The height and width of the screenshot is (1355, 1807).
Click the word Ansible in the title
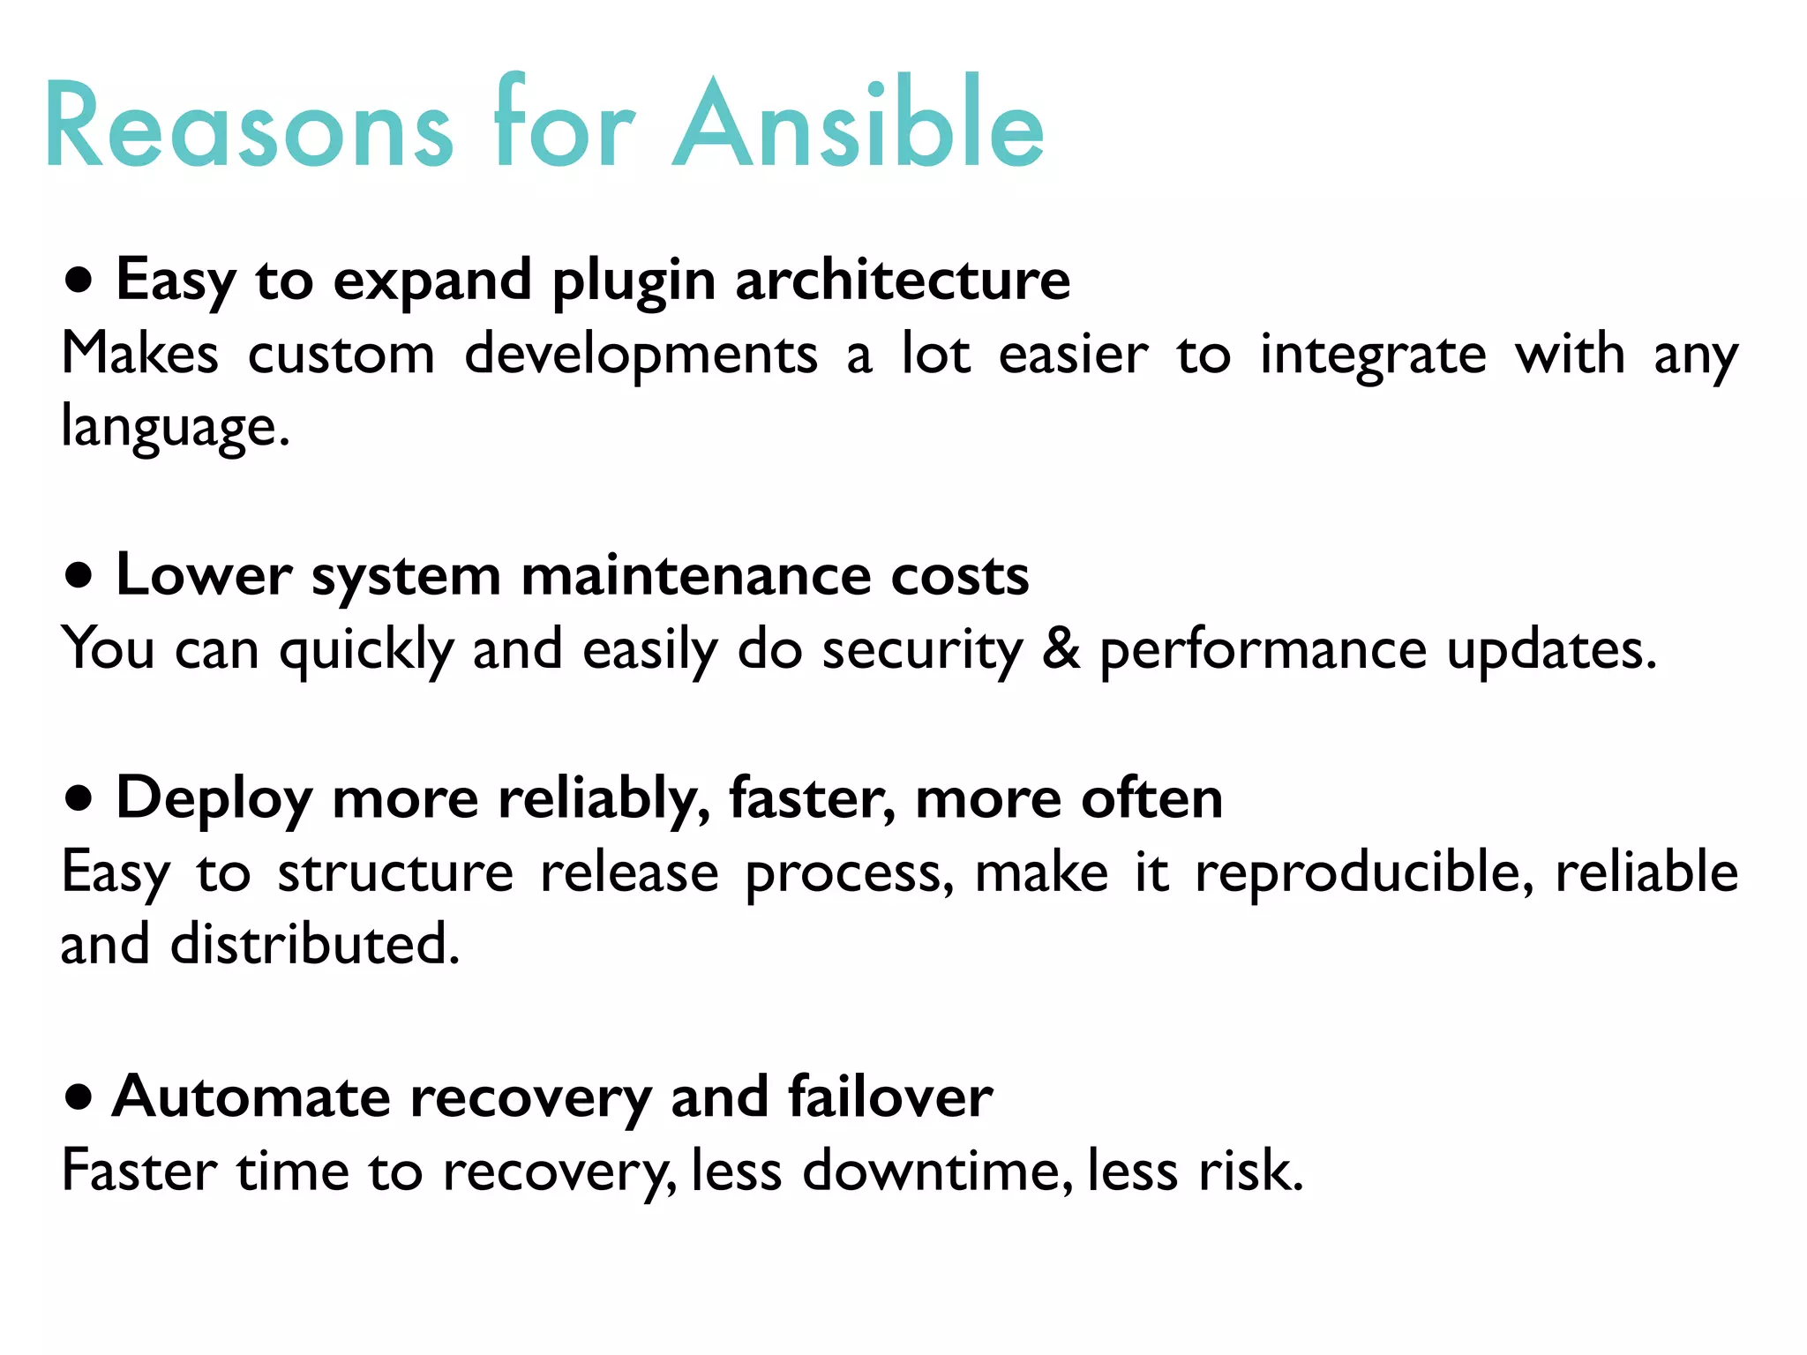pos(858,124)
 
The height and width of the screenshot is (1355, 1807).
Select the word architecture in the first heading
pos(902,281)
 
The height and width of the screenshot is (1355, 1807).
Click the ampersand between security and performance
pos(1061,649)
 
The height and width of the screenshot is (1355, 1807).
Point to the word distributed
pos(314,944)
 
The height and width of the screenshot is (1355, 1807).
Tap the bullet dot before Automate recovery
pos(79,1097)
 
